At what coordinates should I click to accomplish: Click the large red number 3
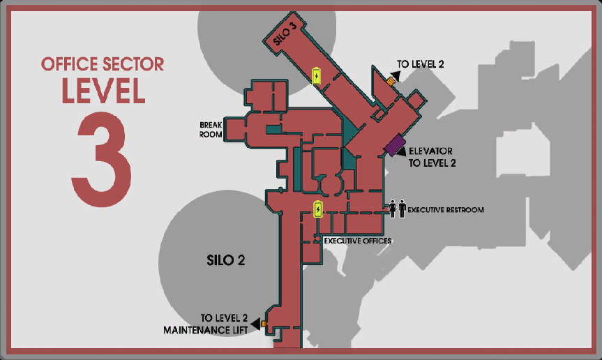[102, 159]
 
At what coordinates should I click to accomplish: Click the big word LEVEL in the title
[103, 91]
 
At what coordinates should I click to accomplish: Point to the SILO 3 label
[285, 33]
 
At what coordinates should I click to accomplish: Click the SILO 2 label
[226, 260]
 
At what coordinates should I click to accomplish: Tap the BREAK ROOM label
[211, 130]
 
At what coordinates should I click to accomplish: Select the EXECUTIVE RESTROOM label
[445, 210]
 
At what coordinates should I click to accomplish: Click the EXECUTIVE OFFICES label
[358, 241]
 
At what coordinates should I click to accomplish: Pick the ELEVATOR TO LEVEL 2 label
[432, 157]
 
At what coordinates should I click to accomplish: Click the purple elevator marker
[395, 145]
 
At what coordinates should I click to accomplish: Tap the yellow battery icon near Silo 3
[317, 75]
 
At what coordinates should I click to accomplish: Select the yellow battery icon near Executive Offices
[318, 209]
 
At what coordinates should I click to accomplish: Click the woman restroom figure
[392, 209]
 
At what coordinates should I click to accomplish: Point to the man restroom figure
[402, 209]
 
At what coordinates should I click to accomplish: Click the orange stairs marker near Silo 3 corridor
[391, 81]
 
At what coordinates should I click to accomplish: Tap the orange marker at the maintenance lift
[264, 324]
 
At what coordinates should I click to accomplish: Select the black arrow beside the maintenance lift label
[255, 324]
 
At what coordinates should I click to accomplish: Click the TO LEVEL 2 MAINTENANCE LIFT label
[206, 324]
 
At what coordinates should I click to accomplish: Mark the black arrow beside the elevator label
[402, 151]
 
